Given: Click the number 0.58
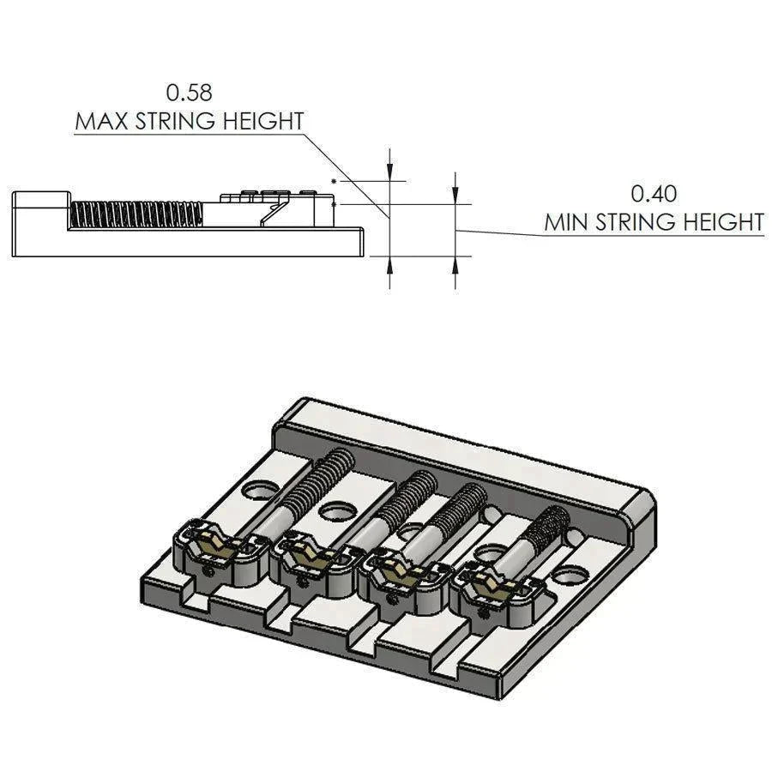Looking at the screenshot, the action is (x=189, y=93).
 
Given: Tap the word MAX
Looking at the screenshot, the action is (x=103, y=121).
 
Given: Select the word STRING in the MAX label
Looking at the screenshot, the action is (x=177, y=121).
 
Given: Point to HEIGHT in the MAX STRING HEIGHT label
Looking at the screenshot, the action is (x=263, y=121).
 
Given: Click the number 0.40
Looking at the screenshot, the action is (x=654, y=194).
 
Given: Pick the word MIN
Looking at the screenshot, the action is (x=567, y=222).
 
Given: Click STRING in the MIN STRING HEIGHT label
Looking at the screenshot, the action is (x=636, y=222).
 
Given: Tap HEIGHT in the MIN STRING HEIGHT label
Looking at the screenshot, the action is (x=723, y=222).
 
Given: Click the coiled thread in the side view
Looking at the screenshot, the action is (x=136, y=215).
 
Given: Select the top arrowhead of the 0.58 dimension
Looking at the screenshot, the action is (x=389, y=171).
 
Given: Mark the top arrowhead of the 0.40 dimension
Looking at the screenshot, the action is (x=455, y=194).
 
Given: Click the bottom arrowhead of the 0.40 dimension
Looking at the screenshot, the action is (x=455, y=266).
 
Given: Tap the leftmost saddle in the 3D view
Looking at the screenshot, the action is (x=222, y=551).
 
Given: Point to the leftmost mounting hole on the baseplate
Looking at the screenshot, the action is (x=259, y=490).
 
